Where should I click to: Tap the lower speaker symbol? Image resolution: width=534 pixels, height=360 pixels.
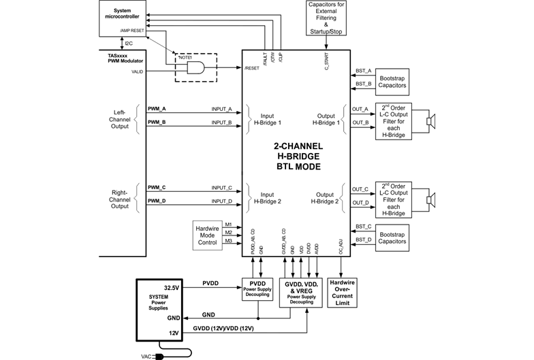pyautogui.click(x=430, y=199)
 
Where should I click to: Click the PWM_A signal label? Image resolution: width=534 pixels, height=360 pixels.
pyautogui.click(x=157, y=109)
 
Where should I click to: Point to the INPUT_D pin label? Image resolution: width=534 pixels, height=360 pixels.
pyautogui.click(x=221, y=201)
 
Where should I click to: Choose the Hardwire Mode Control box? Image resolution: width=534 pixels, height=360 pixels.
pyautogui.click(x=207, y=234)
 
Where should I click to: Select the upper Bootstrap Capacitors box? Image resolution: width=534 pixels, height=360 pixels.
pyautogui.click(x=392, y=81)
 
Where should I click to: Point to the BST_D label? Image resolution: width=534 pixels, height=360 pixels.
pyautogui.click(x=363, y=239)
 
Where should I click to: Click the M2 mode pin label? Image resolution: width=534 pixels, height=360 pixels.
pyautogui.click(x=229, y=232)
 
